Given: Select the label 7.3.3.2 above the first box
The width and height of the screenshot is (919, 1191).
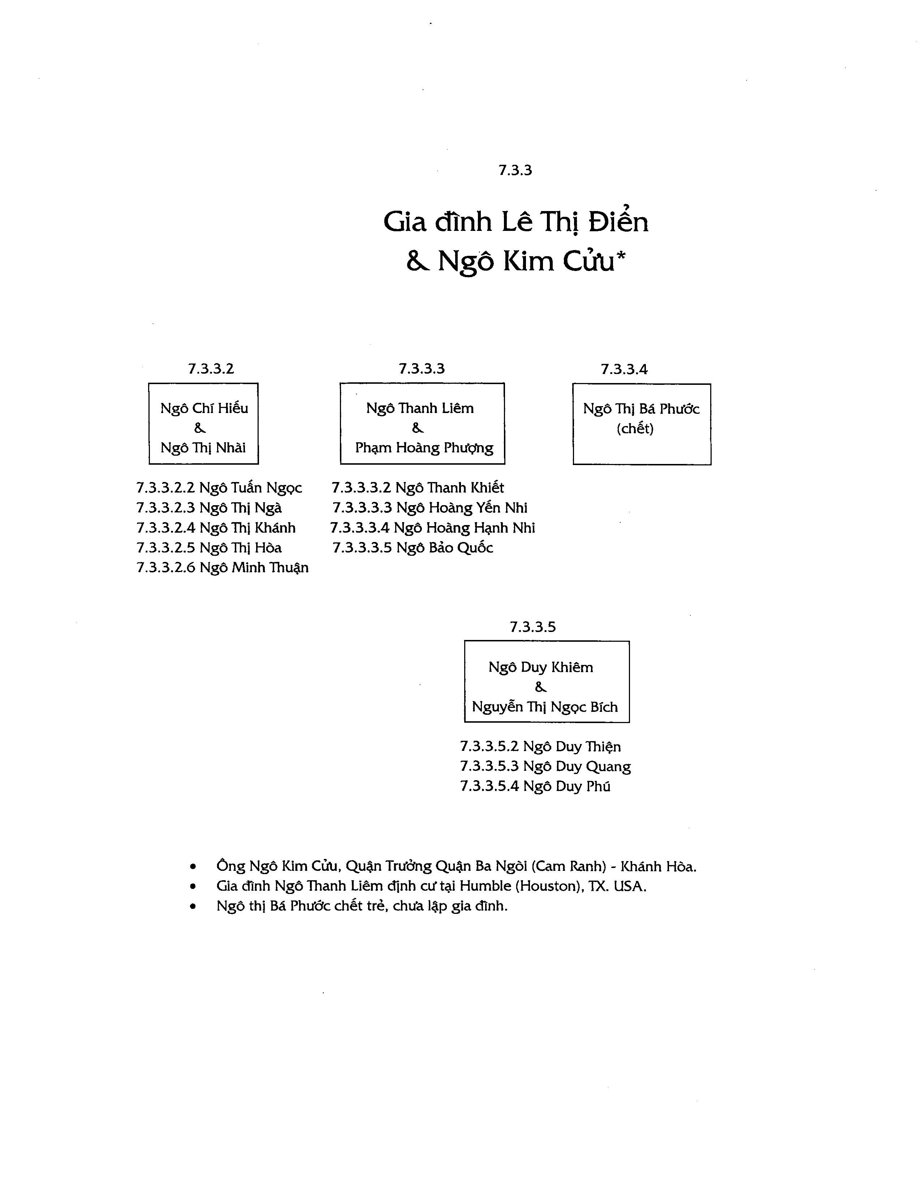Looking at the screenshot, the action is (211, 369).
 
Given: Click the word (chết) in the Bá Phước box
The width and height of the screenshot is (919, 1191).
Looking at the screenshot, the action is (635, 429).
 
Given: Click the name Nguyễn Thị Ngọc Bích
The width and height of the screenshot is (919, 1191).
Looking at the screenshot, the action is (544, 707).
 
